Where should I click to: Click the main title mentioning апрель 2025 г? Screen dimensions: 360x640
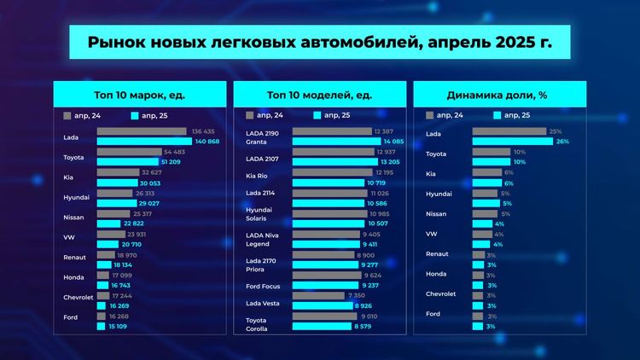[319, 42]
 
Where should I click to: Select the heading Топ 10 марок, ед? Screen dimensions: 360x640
[140, 95]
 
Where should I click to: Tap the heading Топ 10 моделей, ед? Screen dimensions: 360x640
[319, 95]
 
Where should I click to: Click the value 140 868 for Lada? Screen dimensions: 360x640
[207, 142]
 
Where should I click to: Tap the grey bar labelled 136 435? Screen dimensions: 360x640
[142, 131]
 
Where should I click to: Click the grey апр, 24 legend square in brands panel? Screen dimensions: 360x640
[67, 114]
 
